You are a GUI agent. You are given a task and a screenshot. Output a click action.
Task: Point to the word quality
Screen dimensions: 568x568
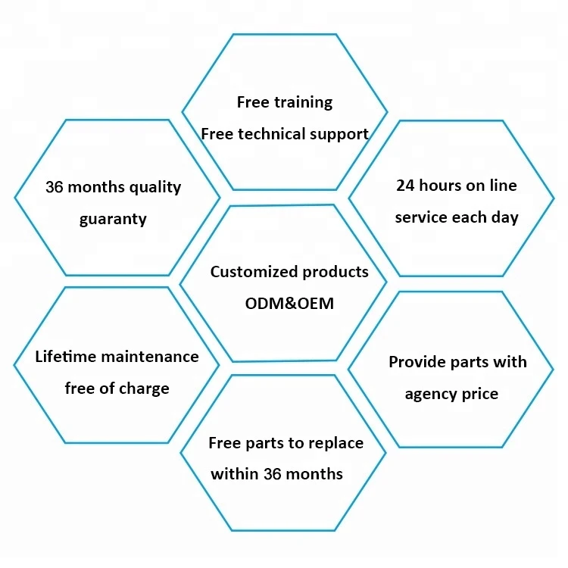(x=154, y=187)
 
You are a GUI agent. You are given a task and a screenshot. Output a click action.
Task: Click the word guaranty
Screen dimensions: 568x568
(x=113, y=220)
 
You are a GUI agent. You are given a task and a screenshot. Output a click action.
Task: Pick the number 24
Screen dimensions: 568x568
(x=407, y=185)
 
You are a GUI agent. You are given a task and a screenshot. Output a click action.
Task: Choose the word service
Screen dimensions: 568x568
(x=420, y=217)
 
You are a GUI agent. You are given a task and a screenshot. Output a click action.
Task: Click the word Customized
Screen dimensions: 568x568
(x=254, y=271)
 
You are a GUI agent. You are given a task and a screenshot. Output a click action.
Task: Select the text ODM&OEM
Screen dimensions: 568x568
(x=289, y=304)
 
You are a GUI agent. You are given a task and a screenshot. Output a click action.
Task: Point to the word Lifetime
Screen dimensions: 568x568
(x=67, y=356)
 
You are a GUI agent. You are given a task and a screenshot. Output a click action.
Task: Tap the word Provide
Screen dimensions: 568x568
(x=417, y=362)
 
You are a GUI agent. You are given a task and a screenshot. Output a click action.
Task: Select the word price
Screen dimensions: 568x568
(x=483, y=395)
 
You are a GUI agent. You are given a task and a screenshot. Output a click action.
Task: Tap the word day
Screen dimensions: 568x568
(x=504, y=218)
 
